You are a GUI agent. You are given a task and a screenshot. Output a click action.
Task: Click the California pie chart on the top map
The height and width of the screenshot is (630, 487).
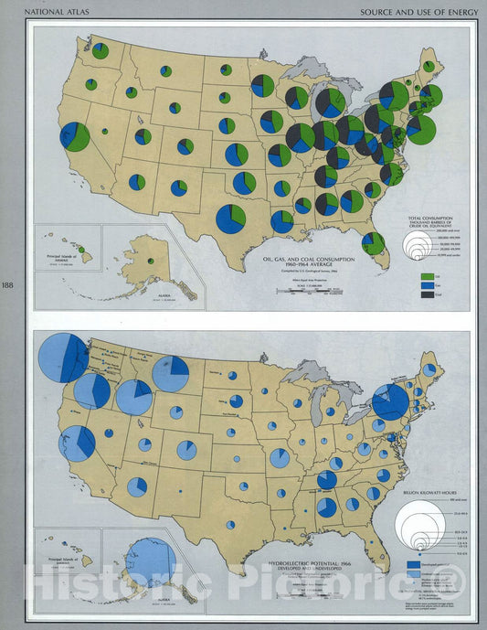point(75,136)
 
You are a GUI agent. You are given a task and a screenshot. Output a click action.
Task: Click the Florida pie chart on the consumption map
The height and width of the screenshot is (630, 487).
point(373,242)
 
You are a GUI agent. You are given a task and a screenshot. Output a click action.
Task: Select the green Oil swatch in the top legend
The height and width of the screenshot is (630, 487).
point(427,275)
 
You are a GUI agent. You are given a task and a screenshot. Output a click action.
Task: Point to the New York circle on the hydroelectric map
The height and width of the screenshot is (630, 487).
point(390,400)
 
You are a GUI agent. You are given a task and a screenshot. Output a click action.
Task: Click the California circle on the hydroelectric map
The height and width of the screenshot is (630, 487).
point(77,443)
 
